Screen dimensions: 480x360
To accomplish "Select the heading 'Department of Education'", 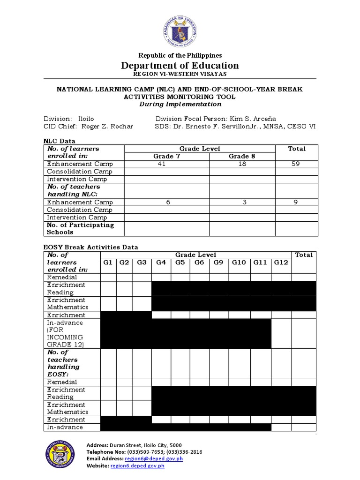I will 180,66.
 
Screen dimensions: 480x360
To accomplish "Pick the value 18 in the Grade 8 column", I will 242,164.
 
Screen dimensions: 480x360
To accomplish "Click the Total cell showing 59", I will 297,164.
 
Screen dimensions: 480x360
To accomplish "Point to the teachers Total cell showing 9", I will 297,202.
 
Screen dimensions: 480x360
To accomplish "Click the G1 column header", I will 108,262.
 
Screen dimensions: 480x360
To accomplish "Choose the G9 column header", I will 219,262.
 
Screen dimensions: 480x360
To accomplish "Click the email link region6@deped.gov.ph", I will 153,459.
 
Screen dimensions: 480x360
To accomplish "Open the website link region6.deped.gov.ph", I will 137,466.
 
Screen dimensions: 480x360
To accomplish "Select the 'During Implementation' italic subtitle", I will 180,104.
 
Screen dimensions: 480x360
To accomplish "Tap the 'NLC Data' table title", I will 59,141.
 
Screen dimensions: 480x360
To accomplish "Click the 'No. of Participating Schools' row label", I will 80,228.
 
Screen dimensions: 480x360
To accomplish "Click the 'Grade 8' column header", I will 242,157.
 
